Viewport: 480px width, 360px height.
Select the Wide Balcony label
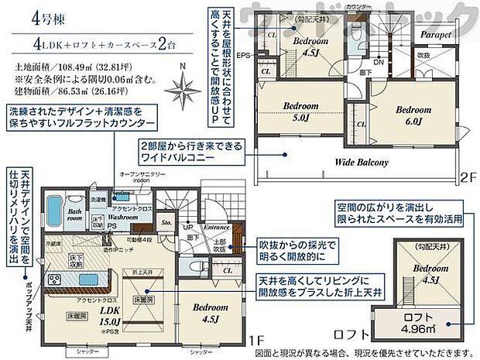pyautogui.click(x=362, y=163)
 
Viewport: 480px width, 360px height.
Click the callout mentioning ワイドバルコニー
pyautogui.click(x=191, y=150)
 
